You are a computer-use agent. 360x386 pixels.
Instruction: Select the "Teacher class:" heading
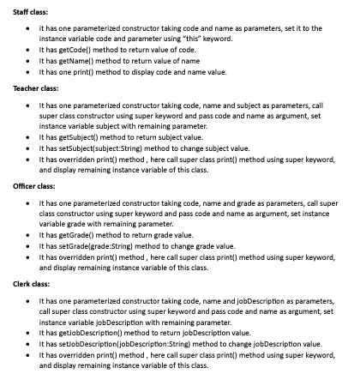[36, 87]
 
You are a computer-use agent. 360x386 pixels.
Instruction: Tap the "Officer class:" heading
[35, 185]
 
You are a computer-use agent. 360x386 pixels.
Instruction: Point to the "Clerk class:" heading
[32, 282]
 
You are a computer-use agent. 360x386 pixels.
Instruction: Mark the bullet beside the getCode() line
[30, 49]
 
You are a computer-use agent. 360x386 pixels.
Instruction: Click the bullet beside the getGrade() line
[30, 234]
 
